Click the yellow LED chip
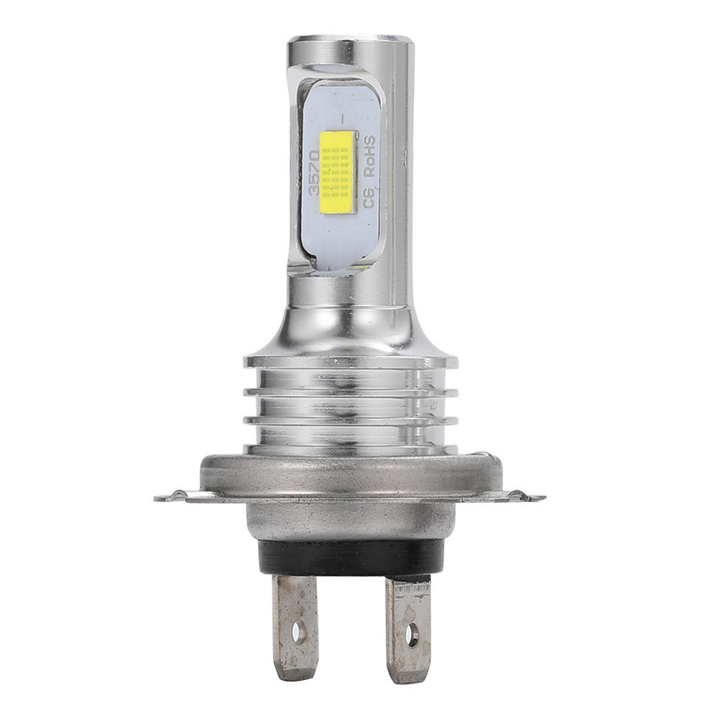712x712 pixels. click(336, 171)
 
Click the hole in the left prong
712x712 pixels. click(299, 632)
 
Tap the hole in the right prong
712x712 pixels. click(411, 635)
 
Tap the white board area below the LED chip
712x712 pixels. click(338, 236)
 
